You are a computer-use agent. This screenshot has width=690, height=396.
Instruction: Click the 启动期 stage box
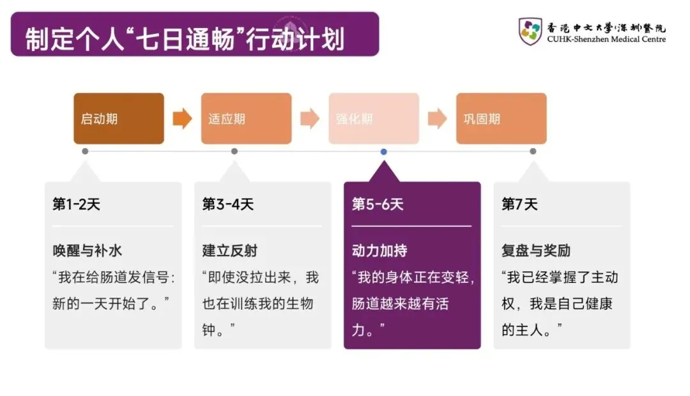(119, 119)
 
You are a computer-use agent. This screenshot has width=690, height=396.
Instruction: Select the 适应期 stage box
(247, 119)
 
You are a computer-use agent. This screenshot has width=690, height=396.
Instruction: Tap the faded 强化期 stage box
(374, 119)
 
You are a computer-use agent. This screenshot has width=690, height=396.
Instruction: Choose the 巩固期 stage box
(501, 119)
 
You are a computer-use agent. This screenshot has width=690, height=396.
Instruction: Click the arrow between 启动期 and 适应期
(182, 119)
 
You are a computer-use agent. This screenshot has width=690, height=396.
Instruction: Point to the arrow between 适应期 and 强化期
(310, 119)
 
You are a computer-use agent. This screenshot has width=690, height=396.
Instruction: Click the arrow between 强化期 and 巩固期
(437, 119)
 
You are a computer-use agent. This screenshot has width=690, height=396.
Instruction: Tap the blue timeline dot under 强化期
(383, 151)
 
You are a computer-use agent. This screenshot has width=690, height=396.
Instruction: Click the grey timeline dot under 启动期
(85, 151)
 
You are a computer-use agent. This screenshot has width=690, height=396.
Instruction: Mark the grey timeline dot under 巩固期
(533, 151)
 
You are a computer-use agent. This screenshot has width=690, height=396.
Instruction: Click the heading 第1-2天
(76, 204)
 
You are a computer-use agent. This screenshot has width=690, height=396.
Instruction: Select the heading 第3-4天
(227, 204)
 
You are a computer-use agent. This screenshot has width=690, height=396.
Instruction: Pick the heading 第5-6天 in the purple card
(378, 204)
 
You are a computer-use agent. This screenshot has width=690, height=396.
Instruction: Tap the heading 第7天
(519, 204)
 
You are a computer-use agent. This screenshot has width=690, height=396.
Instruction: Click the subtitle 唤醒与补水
(87, 251)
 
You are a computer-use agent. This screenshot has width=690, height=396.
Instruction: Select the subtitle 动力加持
(379, 251)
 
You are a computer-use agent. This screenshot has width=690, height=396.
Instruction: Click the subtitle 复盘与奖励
(535, 251)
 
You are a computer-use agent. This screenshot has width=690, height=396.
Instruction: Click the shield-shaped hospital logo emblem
(530, 31)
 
